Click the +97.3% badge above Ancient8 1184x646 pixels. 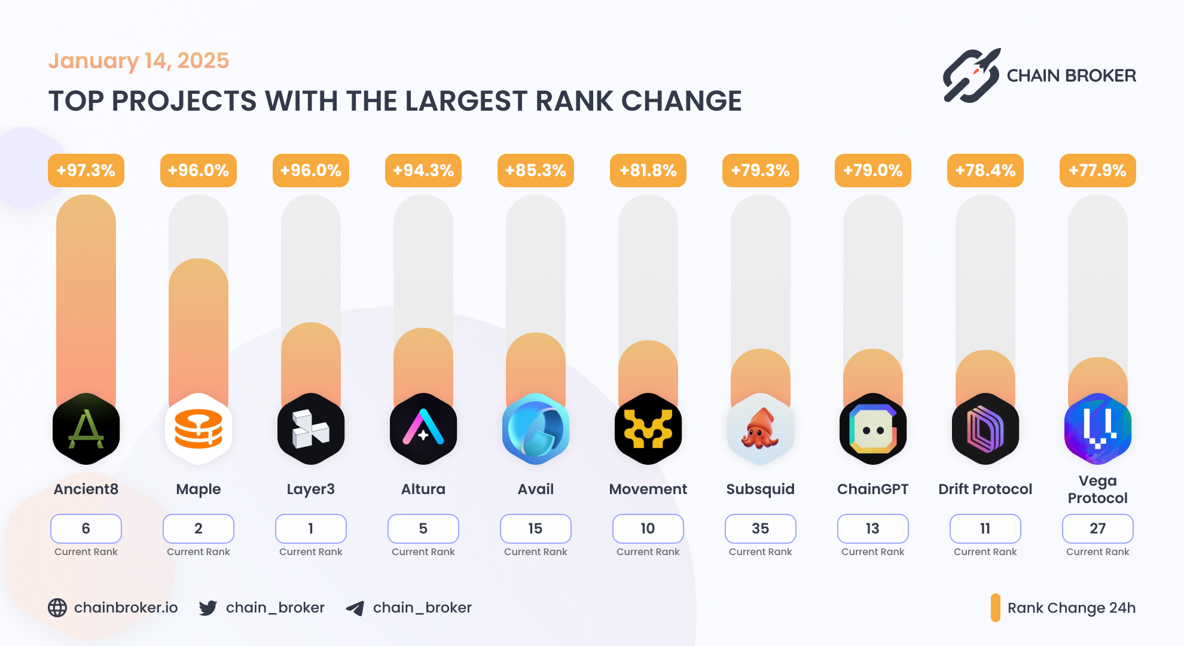point(86,170)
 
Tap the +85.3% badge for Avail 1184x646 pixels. point(535,170)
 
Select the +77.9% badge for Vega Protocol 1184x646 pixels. point(1097,170)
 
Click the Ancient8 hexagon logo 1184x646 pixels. point(86,429)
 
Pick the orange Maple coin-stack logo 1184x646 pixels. point(199,429)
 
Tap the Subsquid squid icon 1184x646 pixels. point(760,429)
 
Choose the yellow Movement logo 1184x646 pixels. point(648,429)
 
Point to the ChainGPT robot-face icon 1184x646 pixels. point(872,429)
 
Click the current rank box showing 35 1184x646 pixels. point(760,529)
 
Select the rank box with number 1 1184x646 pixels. point(311,529)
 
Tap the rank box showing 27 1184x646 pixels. point(1097,529)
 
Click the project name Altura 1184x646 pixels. point(423,489)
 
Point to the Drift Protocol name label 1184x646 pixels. point(985,489)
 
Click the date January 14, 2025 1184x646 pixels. point(139,61)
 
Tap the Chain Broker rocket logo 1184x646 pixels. point(972,75)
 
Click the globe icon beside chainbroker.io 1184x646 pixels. point(57,608)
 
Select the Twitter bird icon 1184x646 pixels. point(207,608)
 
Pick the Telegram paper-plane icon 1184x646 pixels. point(355,608)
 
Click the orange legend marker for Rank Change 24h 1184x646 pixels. point(996,608)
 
